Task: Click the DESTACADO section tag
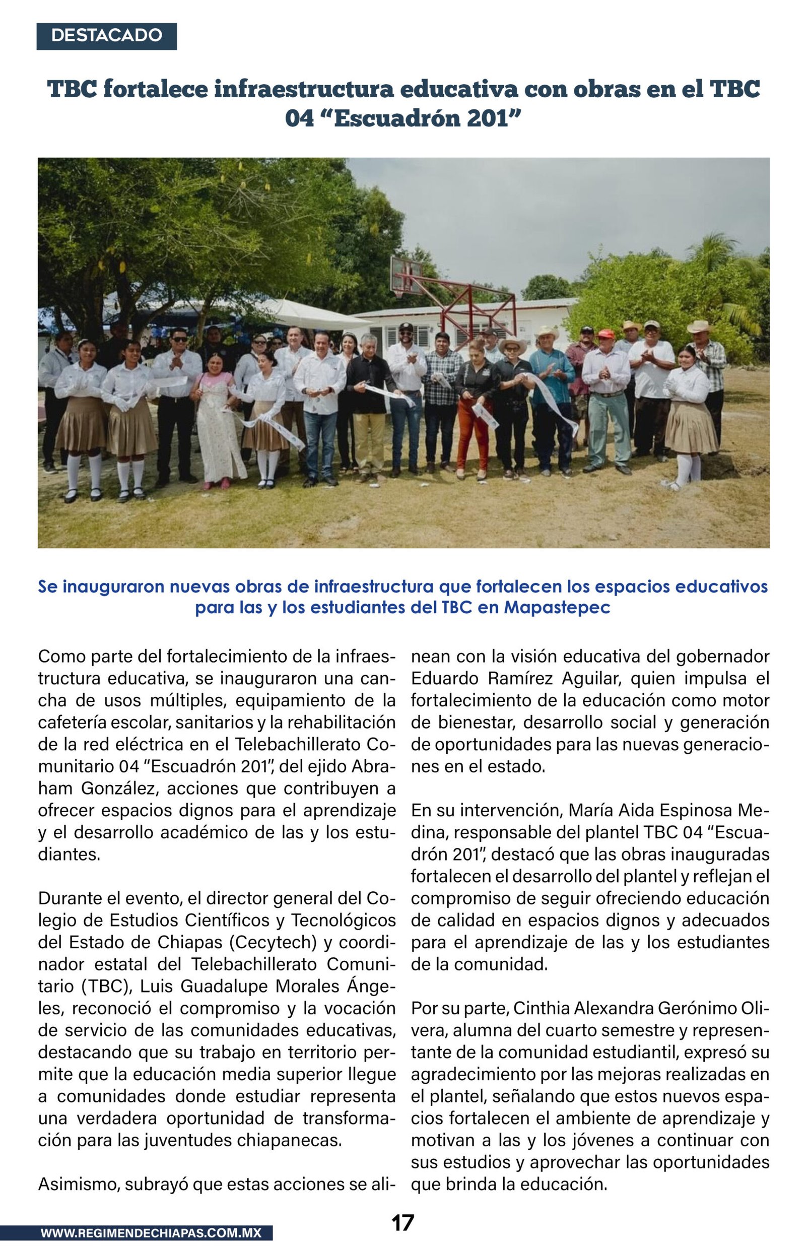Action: click(x=106, y=36)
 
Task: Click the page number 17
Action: click(x=402, y=1222)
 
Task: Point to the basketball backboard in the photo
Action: click(x=406, y=274)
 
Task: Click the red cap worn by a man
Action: click(x=606, y=334)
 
